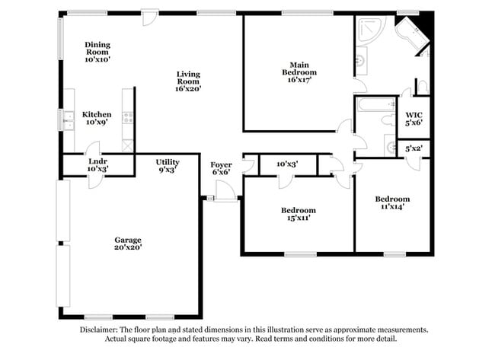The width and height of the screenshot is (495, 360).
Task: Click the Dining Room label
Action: tap(97, 51)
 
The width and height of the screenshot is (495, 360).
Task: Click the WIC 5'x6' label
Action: tap(414, 118)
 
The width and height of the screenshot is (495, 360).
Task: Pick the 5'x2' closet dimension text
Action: tap(414, 149)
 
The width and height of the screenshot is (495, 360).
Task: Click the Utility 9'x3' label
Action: tap(167, 166)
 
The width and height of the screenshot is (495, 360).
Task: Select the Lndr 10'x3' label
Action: tap(97, 166)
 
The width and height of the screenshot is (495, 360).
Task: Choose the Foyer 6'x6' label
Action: tap(221, 168)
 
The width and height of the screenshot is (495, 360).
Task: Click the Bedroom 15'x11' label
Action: tap(298, 214)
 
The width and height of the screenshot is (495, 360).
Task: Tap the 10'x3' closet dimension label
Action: tap(286, 164)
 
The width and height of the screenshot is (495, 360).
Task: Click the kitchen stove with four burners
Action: tap(127, 118)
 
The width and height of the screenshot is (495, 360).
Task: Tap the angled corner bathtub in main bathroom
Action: tap(411, 37)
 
